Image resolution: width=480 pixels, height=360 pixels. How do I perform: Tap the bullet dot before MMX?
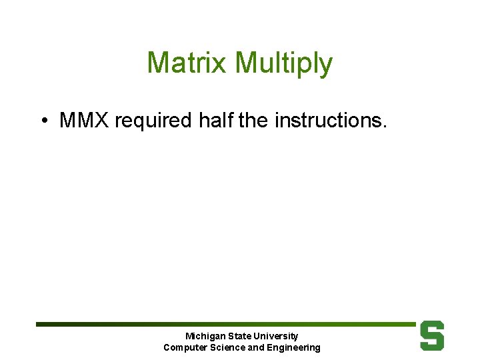tap(43, 121)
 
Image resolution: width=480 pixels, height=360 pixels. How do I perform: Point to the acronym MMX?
tap(85, 121)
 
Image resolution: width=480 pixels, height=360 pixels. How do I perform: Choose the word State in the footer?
tap(239, 336)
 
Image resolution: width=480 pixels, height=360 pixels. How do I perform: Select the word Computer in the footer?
tap(184, 347)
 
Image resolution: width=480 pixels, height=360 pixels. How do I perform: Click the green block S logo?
tap(432, 335)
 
